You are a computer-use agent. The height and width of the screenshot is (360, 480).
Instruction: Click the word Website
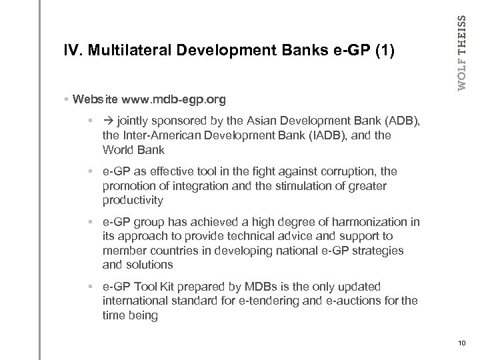[x=96, y=100]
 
